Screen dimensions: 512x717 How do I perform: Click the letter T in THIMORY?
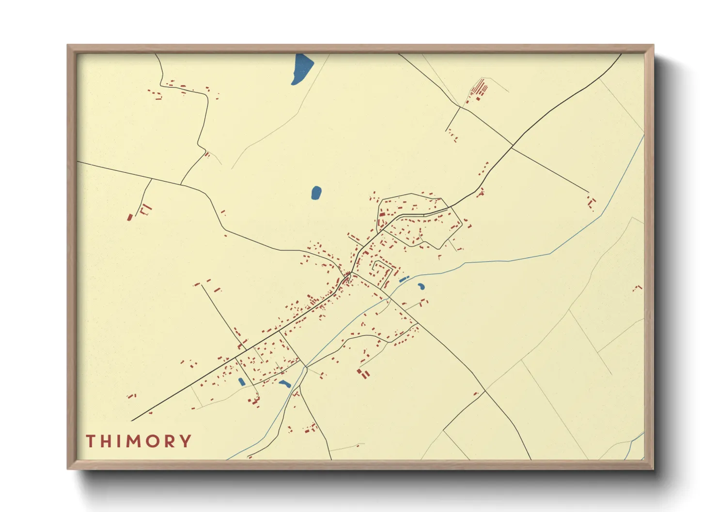[91, 441]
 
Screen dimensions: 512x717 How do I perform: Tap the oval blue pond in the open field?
[316, 193]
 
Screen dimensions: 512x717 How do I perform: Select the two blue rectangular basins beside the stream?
[404, 279]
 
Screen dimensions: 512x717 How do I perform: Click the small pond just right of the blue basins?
[421, 286]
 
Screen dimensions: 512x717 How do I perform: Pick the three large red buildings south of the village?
[363, 373]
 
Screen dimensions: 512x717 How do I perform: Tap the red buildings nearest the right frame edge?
[638, 288]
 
